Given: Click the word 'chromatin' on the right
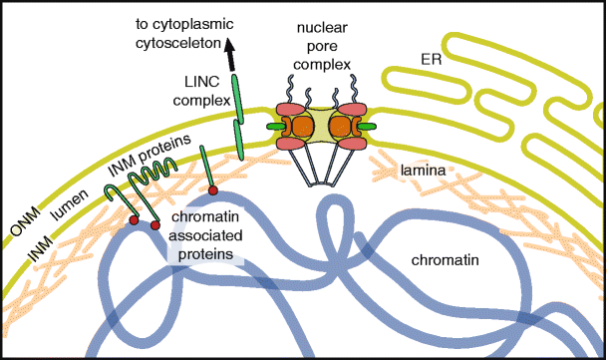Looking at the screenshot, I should pos(448,261).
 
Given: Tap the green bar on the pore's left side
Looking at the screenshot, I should pos(275,128).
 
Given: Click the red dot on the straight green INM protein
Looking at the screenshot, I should pos(211,189).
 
